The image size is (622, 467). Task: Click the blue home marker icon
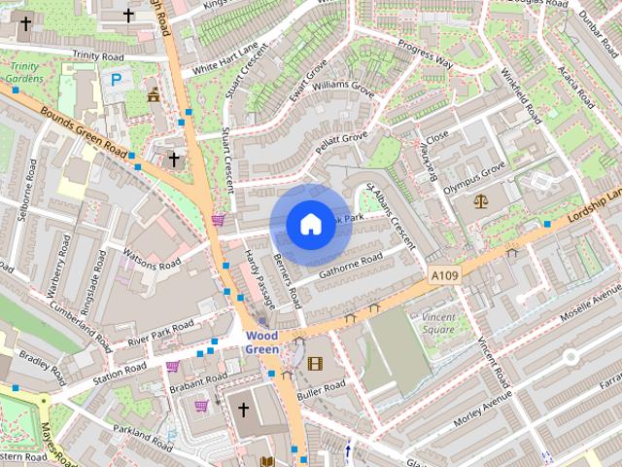pyautogui.click(x=309, y=225)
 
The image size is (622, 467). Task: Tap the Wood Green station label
pyautogui.click(x=261, y=342)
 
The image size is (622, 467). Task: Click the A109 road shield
pyautogui.click(x=443, y=276)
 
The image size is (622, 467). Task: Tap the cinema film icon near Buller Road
pyautogui.click(x=314, y=364)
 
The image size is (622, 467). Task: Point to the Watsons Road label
pyautogui.click(x=152, y=258)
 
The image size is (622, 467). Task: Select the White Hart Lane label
pyautogui.click(x=225, y=57)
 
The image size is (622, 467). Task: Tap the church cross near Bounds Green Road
pyautogui.click(x=174, y=158)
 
